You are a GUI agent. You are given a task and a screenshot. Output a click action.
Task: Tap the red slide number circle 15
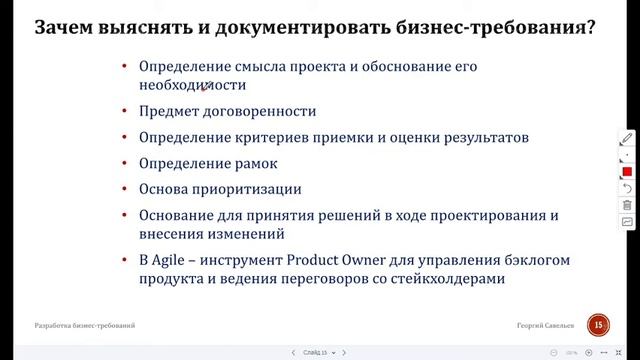(598, 324)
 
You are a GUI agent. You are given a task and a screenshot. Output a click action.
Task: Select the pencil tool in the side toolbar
(627, 139)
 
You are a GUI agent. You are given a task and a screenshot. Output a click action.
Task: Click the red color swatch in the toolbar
(627, 172)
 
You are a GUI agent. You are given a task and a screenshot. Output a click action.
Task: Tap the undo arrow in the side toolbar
(627, 188)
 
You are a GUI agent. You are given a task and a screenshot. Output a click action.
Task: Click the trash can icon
(627, 205)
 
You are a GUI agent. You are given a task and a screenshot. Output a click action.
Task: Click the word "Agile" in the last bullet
(172, 260)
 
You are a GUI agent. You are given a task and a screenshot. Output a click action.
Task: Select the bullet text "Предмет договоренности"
(227, 112)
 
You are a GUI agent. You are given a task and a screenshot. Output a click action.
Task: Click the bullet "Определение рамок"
(208, 163)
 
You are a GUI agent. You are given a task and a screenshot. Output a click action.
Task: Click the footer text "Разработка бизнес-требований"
(84, 326)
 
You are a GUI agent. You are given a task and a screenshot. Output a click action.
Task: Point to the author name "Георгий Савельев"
(546, 326)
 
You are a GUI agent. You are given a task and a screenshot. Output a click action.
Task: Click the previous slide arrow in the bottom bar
(292, 352)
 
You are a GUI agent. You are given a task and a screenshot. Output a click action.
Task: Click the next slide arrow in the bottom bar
(344, 352)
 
